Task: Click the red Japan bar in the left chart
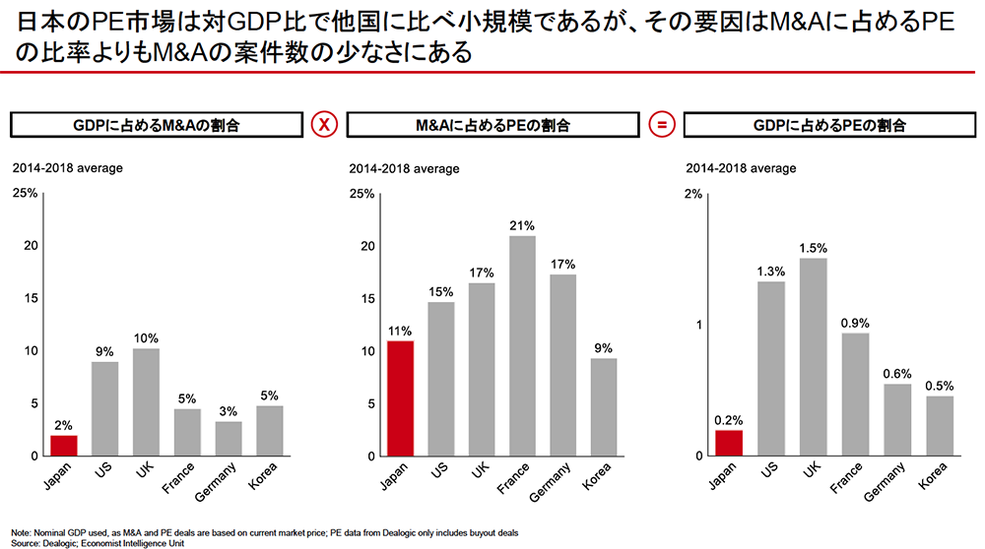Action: (63, 446)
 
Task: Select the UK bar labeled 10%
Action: (146, 402)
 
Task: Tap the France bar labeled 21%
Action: (522, 346)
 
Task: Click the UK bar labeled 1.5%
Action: (813, 357)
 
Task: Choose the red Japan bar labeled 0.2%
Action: (729, 443)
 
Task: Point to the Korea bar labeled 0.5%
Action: (940, 426)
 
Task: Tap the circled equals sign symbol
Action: (662, 125)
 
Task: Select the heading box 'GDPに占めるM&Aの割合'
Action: (157, 125)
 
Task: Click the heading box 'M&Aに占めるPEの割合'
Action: (492, 125)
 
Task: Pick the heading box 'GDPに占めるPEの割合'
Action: (828, 125)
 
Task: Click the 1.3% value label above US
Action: (771, 272)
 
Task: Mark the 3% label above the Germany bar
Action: (229, 410)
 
